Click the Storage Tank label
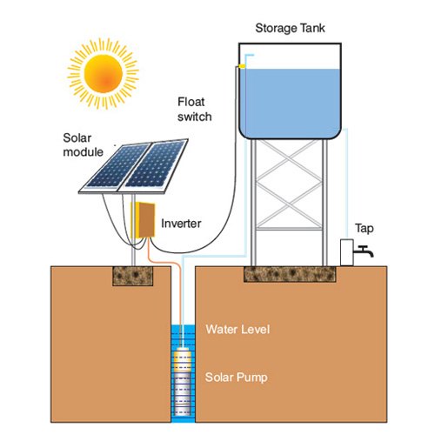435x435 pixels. pos(290,29)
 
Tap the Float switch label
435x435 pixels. pos(194,110)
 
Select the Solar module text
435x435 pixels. pos(83,145)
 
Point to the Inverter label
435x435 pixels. pos(181,224)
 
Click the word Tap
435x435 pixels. pos(365,229)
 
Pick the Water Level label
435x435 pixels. pos(238,330)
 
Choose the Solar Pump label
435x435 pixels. pos(236,378)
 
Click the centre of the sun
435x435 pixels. pos(104,74)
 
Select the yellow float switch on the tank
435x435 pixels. pos(242,66)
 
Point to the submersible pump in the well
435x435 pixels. pos(182,381)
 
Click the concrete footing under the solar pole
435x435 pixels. pos(133,276)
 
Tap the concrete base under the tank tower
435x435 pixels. pos(290,274)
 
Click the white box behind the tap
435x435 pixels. pos(347,252)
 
